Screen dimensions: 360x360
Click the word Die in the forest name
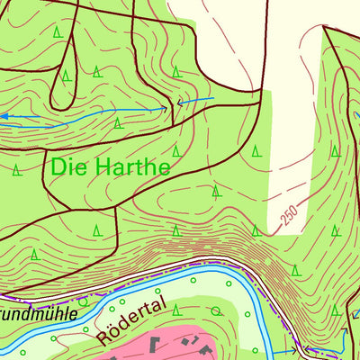(68, 166)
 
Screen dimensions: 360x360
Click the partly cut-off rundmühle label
(36, 315)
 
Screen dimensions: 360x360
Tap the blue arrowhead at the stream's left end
(4, 116)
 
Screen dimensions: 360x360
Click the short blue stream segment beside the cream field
(198, 101)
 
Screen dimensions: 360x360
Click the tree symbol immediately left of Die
(15, 168)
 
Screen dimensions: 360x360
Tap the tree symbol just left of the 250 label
(256, 230)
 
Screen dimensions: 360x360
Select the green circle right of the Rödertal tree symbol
(215, 311)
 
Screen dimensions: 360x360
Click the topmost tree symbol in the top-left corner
(57, 32)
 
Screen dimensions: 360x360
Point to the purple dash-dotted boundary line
(135, 281)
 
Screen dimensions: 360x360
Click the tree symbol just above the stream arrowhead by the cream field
(176, 71)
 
